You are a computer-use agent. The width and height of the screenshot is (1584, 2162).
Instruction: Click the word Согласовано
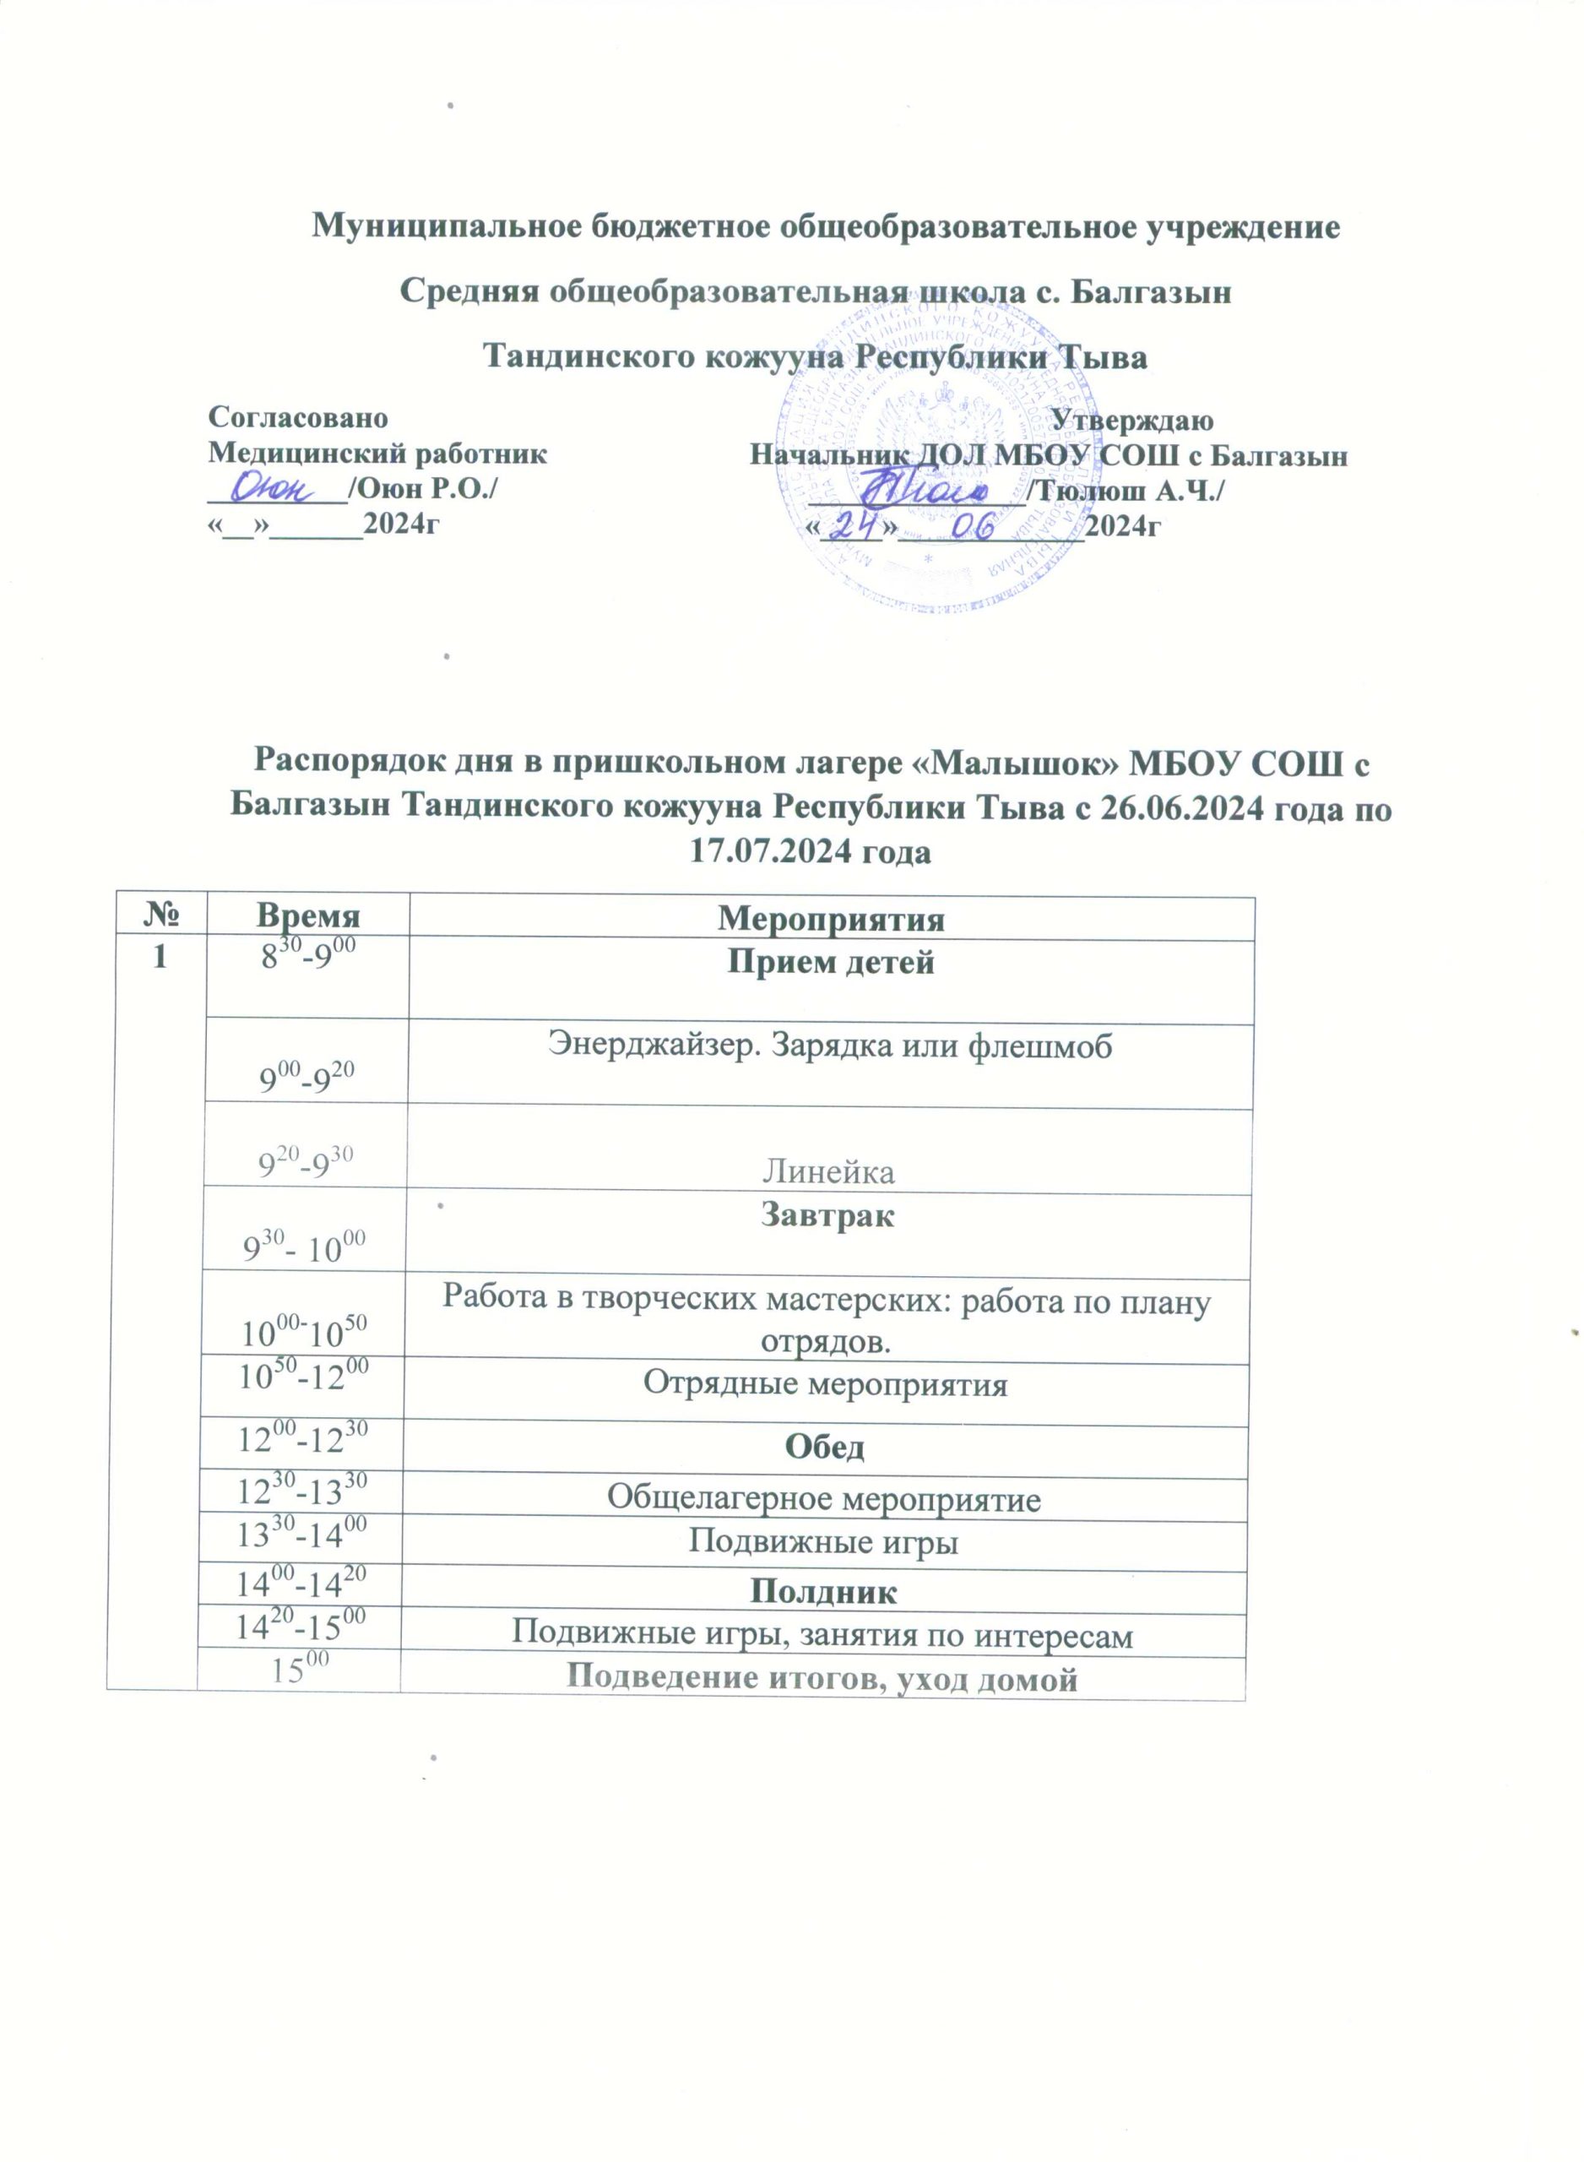(x=298, y=418)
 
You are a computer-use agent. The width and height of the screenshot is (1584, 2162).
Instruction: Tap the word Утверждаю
(x=1131, y=420)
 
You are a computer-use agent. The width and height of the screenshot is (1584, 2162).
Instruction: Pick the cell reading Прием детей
(x=830, y=962)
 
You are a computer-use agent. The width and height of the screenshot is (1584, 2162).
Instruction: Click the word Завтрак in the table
(x=827, y=1216)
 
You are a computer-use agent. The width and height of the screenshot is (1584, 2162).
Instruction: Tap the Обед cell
(x=825, y=1447)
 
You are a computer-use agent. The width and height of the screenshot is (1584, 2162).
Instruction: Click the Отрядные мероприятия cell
(x=825, y=1383)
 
